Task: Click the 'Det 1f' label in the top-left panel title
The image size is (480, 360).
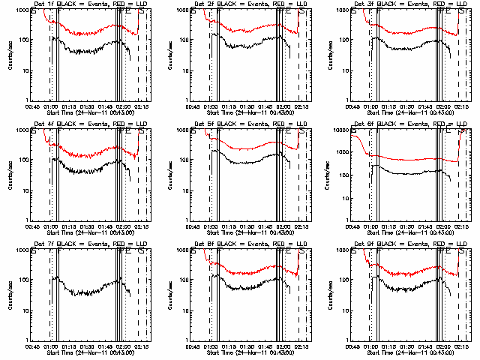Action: (x=43, y=4)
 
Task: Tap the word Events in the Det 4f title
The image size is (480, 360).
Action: (x=102, y=124)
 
